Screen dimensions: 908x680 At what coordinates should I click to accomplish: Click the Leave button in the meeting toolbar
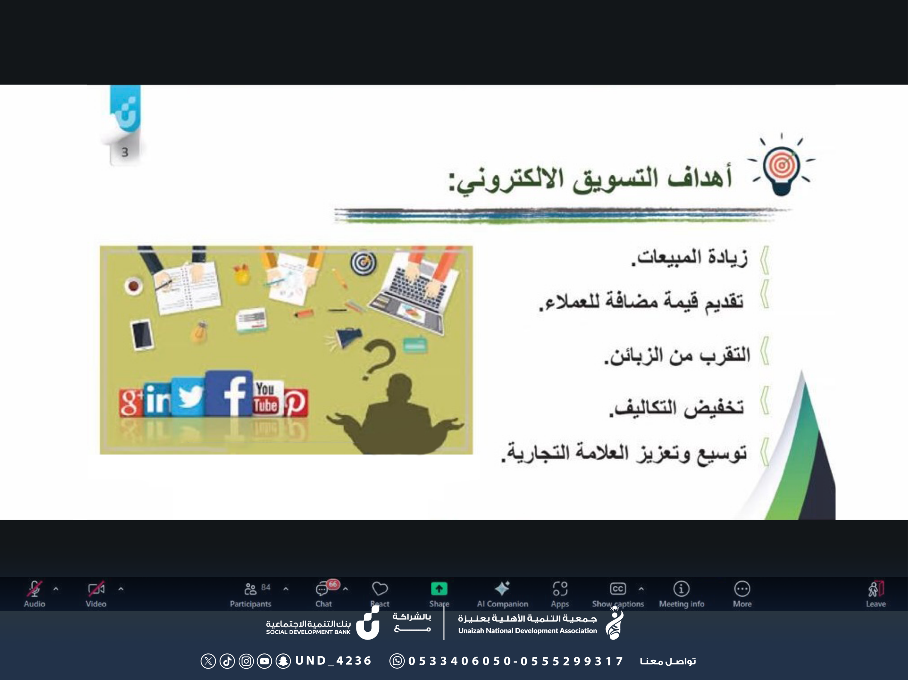coord(876,594)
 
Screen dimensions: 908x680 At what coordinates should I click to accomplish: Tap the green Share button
coord(439,589)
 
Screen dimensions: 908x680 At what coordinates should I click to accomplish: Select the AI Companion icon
coord(502,589)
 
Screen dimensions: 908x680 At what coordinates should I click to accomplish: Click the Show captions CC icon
coord(618,589)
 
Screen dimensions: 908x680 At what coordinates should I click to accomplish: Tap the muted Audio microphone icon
coord(34,589)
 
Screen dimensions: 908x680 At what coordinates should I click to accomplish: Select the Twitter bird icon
coord(188,396)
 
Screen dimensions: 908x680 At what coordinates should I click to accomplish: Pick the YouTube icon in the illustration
coord(266,398)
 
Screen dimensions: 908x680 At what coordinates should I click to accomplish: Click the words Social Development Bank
coord(308,632)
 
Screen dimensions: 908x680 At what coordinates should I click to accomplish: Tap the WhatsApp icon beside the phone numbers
coord(397,661)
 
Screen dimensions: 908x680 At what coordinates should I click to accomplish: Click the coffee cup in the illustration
coord(133,286)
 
